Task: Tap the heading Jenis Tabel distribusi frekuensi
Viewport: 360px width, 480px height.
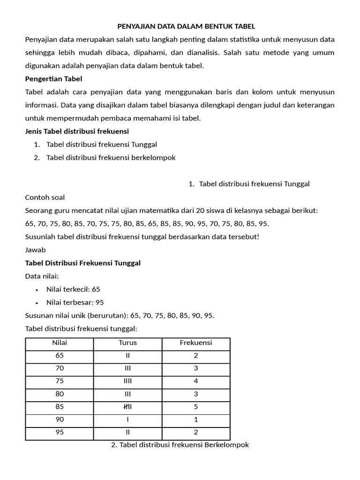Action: pyautogui.click(x=77, y=131)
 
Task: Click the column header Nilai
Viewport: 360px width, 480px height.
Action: pyautogui.click(x=60, y=343)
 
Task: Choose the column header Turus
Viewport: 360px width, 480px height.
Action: pyautogui.click(x=127, y=343)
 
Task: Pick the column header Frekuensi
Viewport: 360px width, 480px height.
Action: pyautogui.click(x=196, y=343)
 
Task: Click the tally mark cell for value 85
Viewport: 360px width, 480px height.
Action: pyautogui.click(x=127, y=407)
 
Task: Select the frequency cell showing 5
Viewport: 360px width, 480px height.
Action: pyautogui.click(x=196, y=407)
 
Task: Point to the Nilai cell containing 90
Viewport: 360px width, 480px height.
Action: pyautogui.click(x=60, y=420)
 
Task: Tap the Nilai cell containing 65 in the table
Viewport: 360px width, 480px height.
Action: pyautogui.click(x=60, y=356)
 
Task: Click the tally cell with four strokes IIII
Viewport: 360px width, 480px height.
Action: pyautogui.click(x=127, y=381)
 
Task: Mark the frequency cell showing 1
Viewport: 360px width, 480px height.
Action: pyautogui.click(x=196, y=420)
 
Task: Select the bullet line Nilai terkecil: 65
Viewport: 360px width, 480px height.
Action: pyautogui.click(x=73, y=289)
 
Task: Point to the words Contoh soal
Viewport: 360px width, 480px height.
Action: pyautogui.click(x=45, y=197)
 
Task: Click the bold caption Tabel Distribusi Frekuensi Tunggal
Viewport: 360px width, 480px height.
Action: pyautogui.click(x=82, y=263)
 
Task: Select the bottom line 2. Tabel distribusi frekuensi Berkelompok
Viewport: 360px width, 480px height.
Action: pyautogui.click(x=180, y=445)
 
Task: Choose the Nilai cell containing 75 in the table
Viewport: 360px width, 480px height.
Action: pyautogui.click(x=60, y=381)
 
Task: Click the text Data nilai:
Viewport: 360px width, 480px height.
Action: pyautogui.click(x=42, y=276)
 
